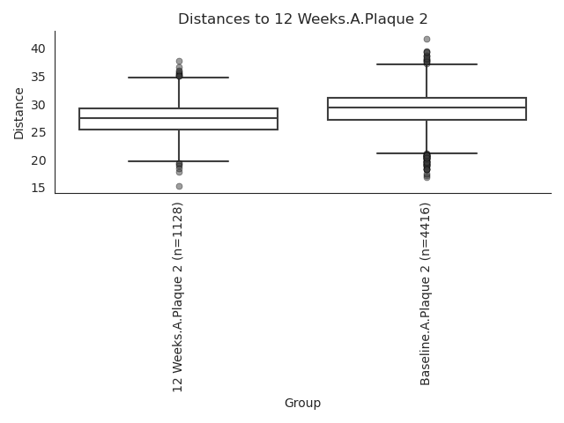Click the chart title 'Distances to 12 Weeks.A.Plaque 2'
(303, 19)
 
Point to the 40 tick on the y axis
(38, 48)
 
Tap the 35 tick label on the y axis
(38, 77)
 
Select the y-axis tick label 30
(38, 105)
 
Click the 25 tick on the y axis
(38, 132)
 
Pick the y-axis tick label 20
(38, 160)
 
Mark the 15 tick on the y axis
(38, 188)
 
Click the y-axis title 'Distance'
(19, 114)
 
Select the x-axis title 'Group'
(302, 403)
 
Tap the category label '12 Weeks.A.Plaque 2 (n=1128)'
(178, 297)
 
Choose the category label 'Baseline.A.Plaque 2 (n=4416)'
(425, 293)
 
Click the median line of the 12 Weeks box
(178, 118)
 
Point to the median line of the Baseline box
(427, 108)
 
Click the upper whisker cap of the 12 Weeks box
(178, 78)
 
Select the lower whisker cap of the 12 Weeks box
(178, 161)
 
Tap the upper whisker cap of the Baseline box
(427, 64)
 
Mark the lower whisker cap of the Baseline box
(427, 153)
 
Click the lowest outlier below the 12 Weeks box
(179, 186)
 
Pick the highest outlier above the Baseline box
(427, 39)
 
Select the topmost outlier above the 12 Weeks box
(179, 61)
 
